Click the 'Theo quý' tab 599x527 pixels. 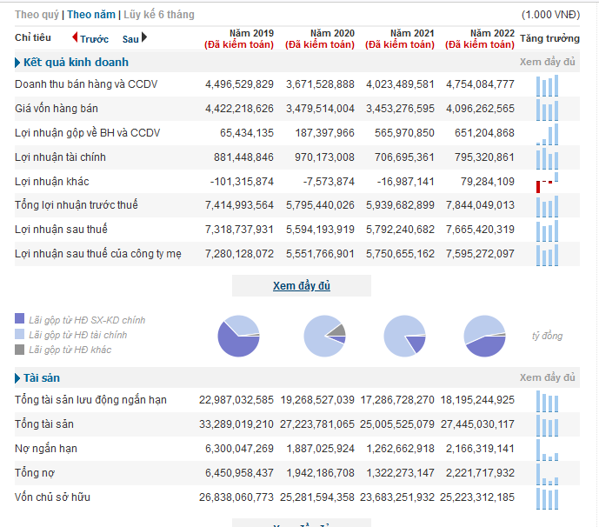point(37,15)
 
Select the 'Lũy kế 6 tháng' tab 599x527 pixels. point(159,15)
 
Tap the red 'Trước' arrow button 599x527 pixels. point(75,37)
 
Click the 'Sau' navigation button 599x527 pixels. point(135,38)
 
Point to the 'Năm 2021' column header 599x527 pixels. point(412,33)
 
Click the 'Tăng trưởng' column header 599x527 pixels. point(549,38)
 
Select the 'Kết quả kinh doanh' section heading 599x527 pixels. point(76,63)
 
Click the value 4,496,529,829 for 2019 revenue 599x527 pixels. point(240,84)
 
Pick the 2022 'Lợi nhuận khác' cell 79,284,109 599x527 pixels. point(488,182)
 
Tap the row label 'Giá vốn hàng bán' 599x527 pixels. point(57,109)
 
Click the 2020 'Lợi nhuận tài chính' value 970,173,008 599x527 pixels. point(324,157)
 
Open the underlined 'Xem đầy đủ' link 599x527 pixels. point(302,286)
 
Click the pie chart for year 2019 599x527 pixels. point(239,336)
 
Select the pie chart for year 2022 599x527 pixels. point(485,336)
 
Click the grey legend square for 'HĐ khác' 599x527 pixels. point(19,350)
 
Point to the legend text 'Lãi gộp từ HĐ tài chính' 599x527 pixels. point(78,335)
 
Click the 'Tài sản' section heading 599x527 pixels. point(42,378)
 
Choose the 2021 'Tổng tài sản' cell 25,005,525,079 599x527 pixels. point(397,424)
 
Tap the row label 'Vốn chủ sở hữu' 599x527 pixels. point(53,497)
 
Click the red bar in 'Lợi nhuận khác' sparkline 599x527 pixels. point(538,187)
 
